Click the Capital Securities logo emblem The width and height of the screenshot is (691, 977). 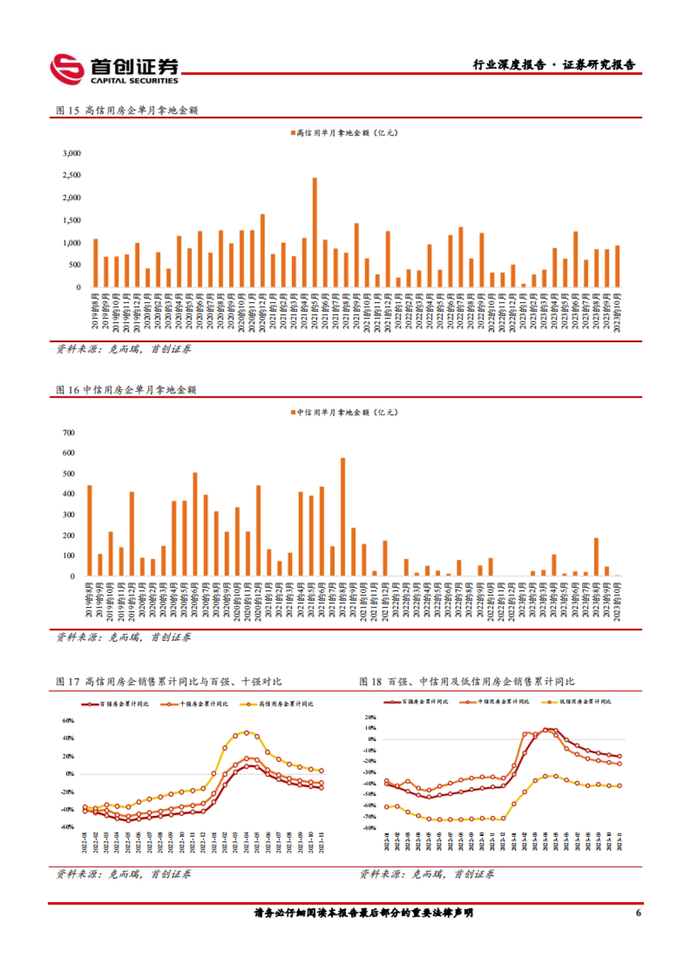[x=67, y=69]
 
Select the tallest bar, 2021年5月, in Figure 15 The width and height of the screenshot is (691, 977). [x=314, y=232]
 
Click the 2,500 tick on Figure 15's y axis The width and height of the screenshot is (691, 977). [x=72, y=175]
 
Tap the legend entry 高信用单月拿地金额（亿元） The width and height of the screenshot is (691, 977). [x=344, y=133]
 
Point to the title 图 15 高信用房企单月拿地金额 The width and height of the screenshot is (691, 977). [x=127, y=110]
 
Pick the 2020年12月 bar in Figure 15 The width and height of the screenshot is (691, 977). [x=263, y=251]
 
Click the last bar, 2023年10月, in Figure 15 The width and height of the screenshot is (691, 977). [x=617, y=266]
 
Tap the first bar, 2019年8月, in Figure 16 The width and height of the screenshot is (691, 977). [x=89, y=530]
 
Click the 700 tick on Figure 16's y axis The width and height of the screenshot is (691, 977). [x=69, y=433]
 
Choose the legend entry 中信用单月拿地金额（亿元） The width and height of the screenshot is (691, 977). [x=344, y=413]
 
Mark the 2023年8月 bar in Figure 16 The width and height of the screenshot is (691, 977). [x=596, y=556]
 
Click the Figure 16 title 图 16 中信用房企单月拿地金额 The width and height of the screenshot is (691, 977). [x=126, y=390]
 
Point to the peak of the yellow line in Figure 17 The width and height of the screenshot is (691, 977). [x=246, y=732]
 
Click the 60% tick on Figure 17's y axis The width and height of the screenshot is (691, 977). [x=68, y=720]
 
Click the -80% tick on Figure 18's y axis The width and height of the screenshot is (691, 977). [x=370, y=828]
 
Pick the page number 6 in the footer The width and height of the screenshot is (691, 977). [x=638, y=913]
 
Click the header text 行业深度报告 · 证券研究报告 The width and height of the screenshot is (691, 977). [x=554, y=65]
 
